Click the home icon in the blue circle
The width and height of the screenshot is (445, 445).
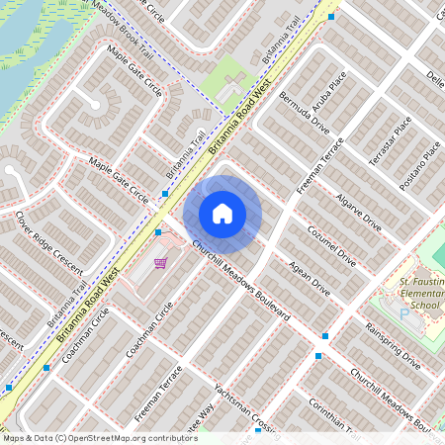pos(222,213)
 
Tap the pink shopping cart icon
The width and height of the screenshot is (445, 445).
pos(159,263)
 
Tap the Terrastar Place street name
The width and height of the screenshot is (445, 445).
pos(389,139)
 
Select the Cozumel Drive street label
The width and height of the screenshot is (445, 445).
pos(329,245)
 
